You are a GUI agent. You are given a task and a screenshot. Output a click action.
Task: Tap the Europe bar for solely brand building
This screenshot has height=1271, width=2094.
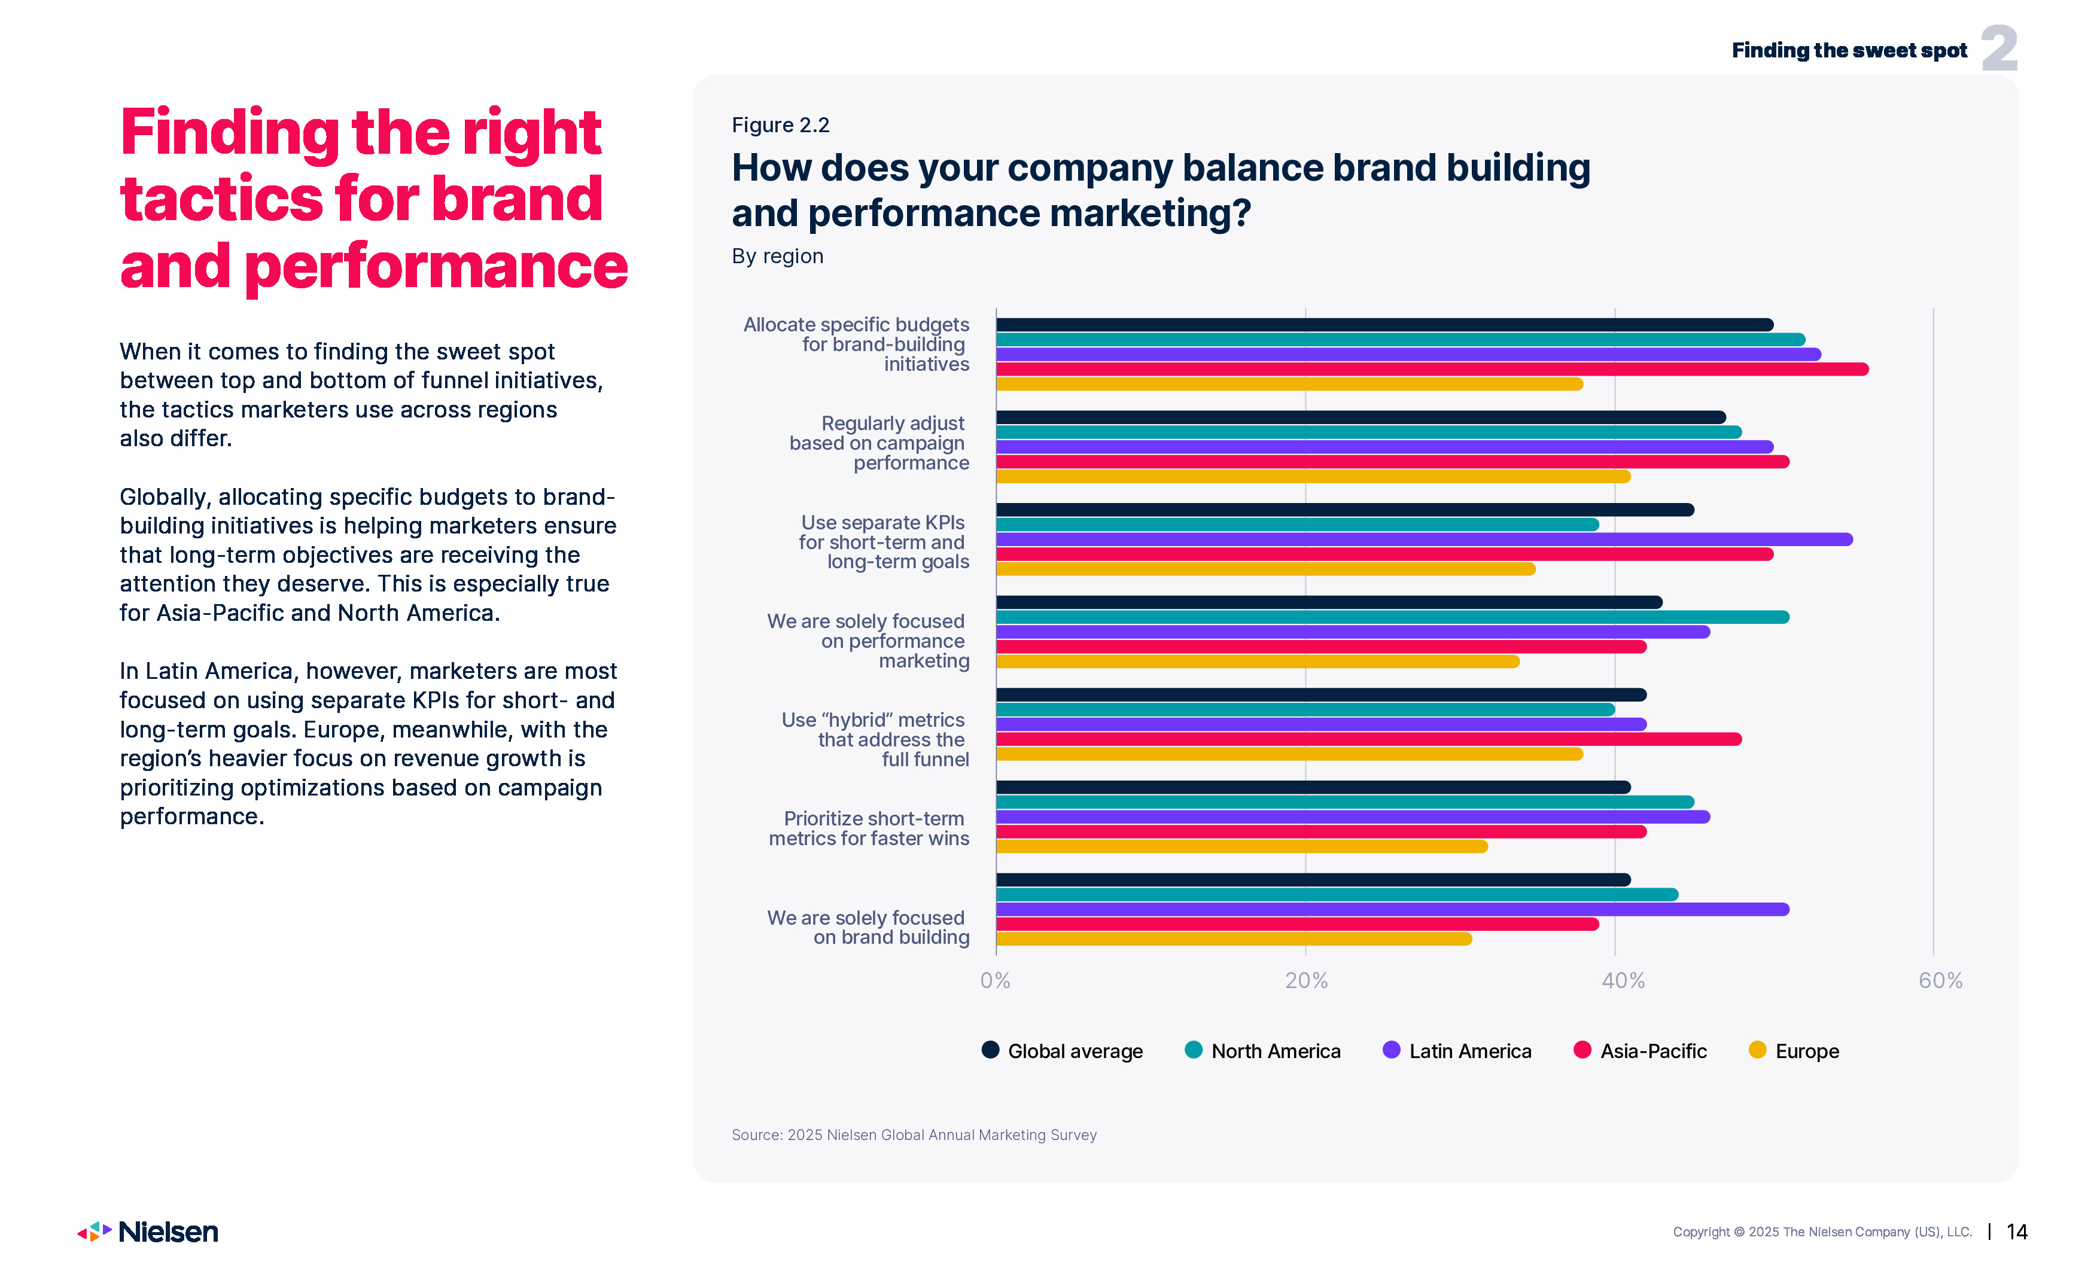(1233, 939)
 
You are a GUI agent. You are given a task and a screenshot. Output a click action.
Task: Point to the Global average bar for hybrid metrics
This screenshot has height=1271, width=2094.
(1320, 695)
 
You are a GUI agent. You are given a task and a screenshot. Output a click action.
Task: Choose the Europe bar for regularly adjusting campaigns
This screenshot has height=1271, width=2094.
(1313, 477)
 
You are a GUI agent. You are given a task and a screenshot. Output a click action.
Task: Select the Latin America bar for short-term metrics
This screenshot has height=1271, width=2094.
(1352, 816)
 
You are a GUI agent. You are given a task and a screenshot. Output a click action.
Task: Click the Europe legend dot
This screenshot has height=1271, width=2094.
(1757, 1050)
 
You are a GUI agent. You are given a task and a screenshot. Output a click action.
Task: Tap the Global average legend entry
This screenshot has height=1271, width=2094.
(1063, 1051)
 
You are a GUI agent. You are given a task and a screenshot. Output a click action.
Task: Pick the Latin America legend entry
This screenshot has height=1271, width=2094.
(1457, 1051)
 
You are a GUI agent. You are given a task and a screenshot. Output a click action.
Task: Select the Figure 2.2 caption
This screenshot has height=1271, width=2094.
(780, 125)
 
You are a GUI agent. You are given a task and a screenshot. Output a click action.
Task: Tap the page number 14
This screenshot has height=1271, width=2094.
(2017, 1232)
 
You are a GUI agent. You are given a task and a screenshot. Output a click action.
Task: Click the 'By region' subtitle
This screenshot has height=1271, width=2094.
(777, 256)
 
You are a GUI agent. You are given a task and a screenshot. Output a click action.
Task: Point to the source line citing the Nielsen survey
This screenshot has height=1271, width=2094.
(914, 1135)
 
